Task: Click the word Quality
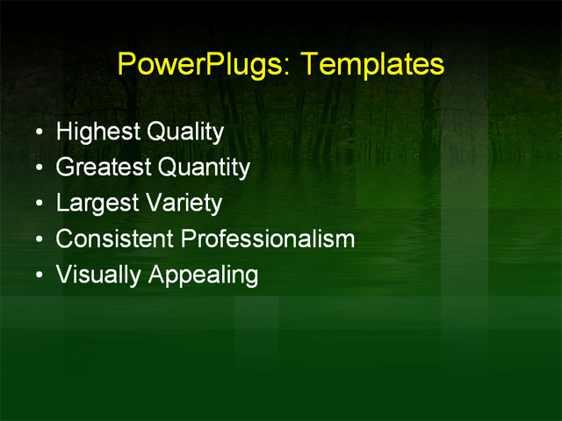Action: pyautogui.click(x=185, y=132)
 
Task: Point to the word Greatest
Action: pyautogui.click(x=104, y=168)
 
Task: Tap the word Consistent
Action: pyautogui.click(x=117, y=239)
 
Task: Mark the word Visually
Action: pyautogui.click(x=98, y=275)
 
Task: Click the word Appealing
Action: pyautogui.click(x=204, y=275)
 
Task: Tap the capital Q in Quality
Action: pyautogui.click(x=155, y=132)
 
